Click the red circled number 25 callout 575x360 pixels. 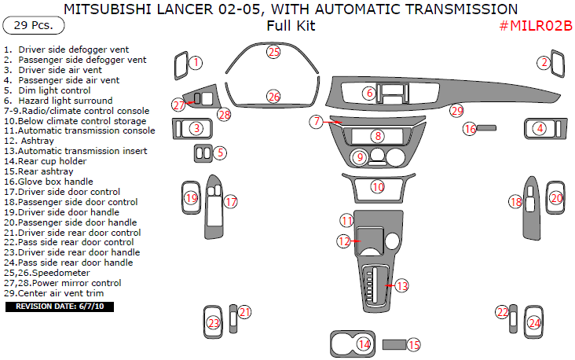coord(273,52)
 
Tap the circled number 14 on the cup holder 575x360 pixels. coord(364,343)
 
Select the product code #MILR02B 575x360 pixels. coord(535,26)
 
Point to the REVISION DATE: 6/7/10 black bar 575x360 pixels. coord(59,306)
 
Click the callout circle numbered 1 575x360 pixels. coord(196,62)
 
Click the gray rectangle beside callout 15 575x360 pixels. coord(393,344)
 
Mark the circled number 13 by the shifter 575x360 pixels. coord(401,286)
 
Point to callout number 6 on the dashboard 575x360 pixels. coord(368,94)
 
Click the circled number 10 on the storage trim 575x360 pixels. coord(378,187)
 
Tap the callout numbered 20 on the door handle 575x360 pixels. coord(556,199)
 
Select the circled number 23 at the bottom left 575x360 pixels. coord(213,322)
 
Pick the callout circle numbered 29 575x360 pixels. coord(456,111)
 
